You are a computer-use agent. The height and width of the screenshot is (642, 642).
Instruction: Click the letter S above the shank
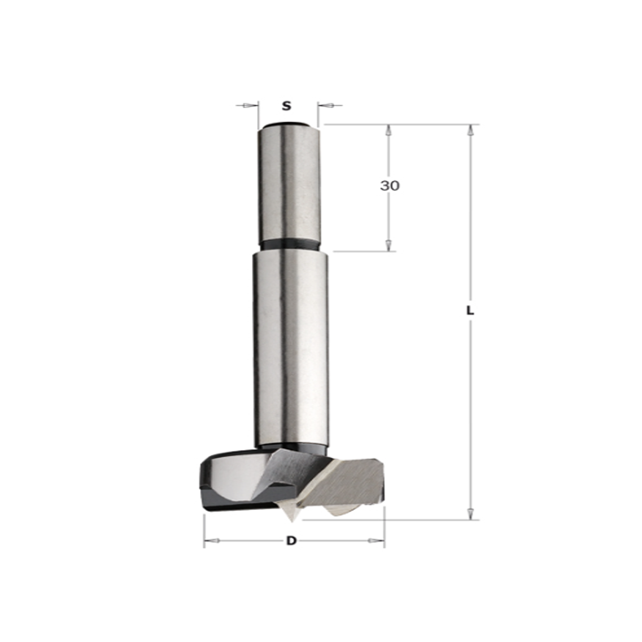coord(287,106)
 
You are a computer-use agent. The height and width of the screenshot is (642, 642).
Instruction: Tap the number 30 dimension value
coord(389,186)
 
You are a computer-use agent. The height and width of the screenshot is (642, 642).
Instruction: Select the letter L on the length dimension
coord(470,311)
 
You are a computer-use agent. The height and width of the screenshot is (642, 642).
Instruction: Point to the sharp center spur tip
coord(292,522)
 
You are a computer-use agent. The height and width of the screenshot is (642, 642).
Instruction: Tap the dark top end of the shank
coord(287,126)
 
